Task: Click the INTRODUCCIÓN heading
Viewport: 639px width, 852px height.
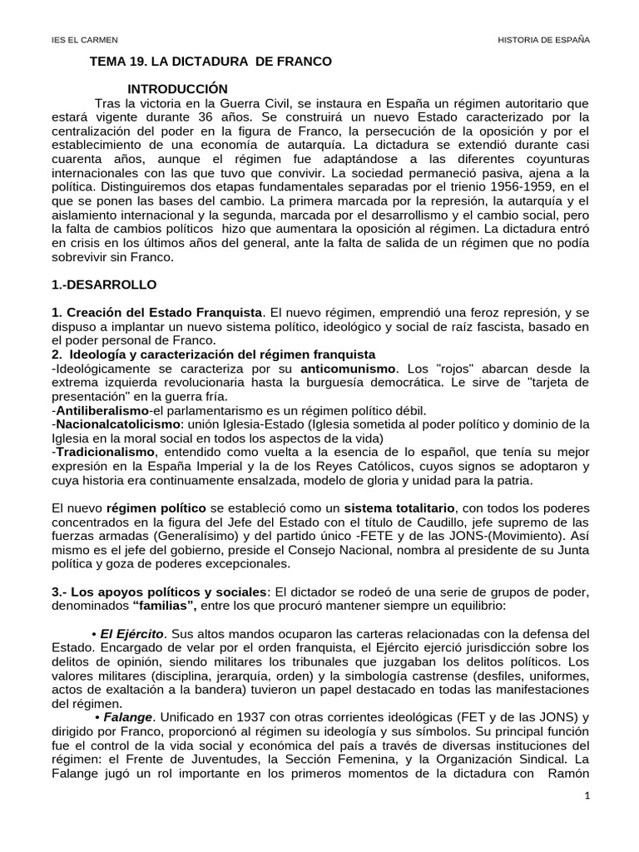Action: click(177, 88)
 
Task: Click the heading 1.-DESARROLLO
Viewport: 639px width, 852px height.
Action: click(104, 285)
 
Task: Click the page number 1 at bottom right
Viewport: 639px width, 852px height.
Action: click(587, 820)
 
